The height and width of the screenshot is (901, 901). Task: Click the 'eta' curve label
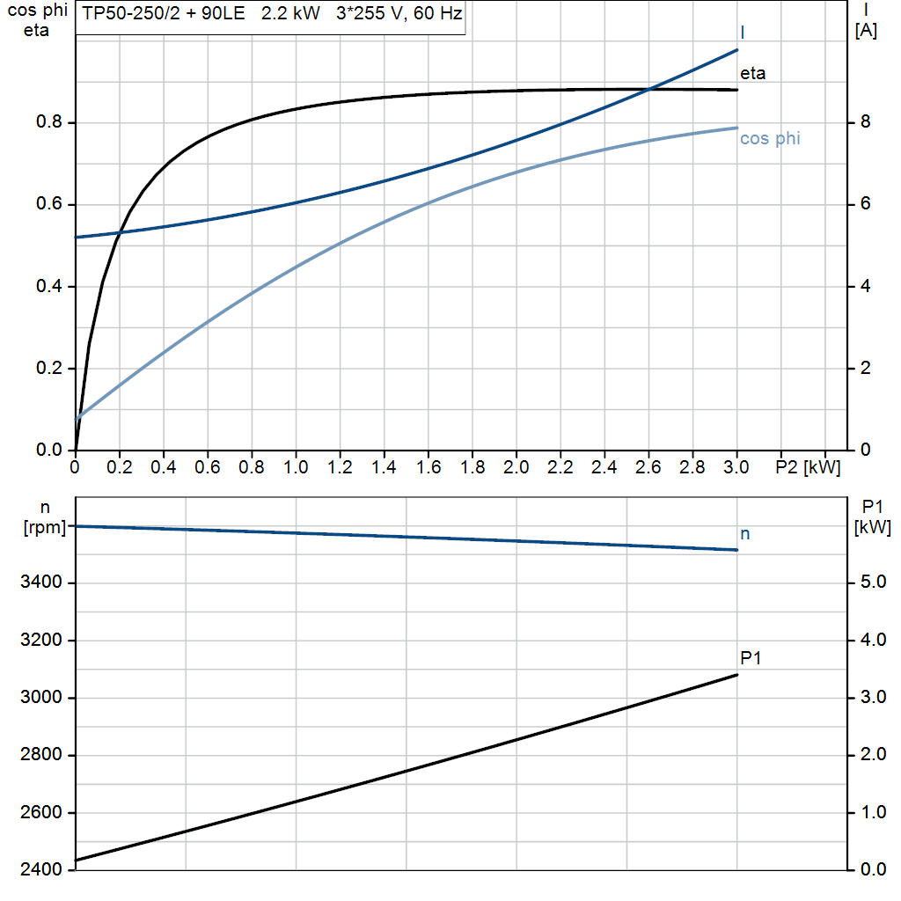click(752, 73)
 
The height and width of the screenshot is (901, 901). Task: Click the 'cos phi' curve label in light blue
click(770, 138)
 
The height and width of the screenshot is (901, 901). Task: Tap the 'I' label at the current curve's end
click(744, 33)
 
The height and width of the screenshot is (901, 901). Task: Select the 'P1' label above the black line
click(751, 657)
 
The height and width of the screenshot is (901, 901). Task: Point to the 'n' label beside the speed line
click(745, 533)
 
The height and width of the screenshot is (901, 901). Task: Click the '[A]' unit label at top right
click(866, 31)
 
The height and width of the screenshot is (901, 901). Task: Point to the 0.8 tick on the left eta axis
click(49, 122)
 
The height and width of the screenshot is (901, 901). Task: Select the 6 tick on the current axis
click(865, 204)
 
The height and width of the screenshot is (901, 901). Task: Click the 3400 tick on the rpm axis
click(41, 582)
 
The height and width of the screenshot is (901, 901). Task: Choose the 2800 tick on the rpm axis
click(41, 755)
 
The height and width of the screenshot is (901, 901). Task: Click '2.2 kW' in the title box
click(290, 14)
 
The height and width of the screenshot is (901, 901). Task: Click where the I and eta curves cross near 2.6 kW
click(649, 89)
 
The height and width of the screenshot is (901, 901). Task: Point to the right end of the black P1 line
click(736, 675)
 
